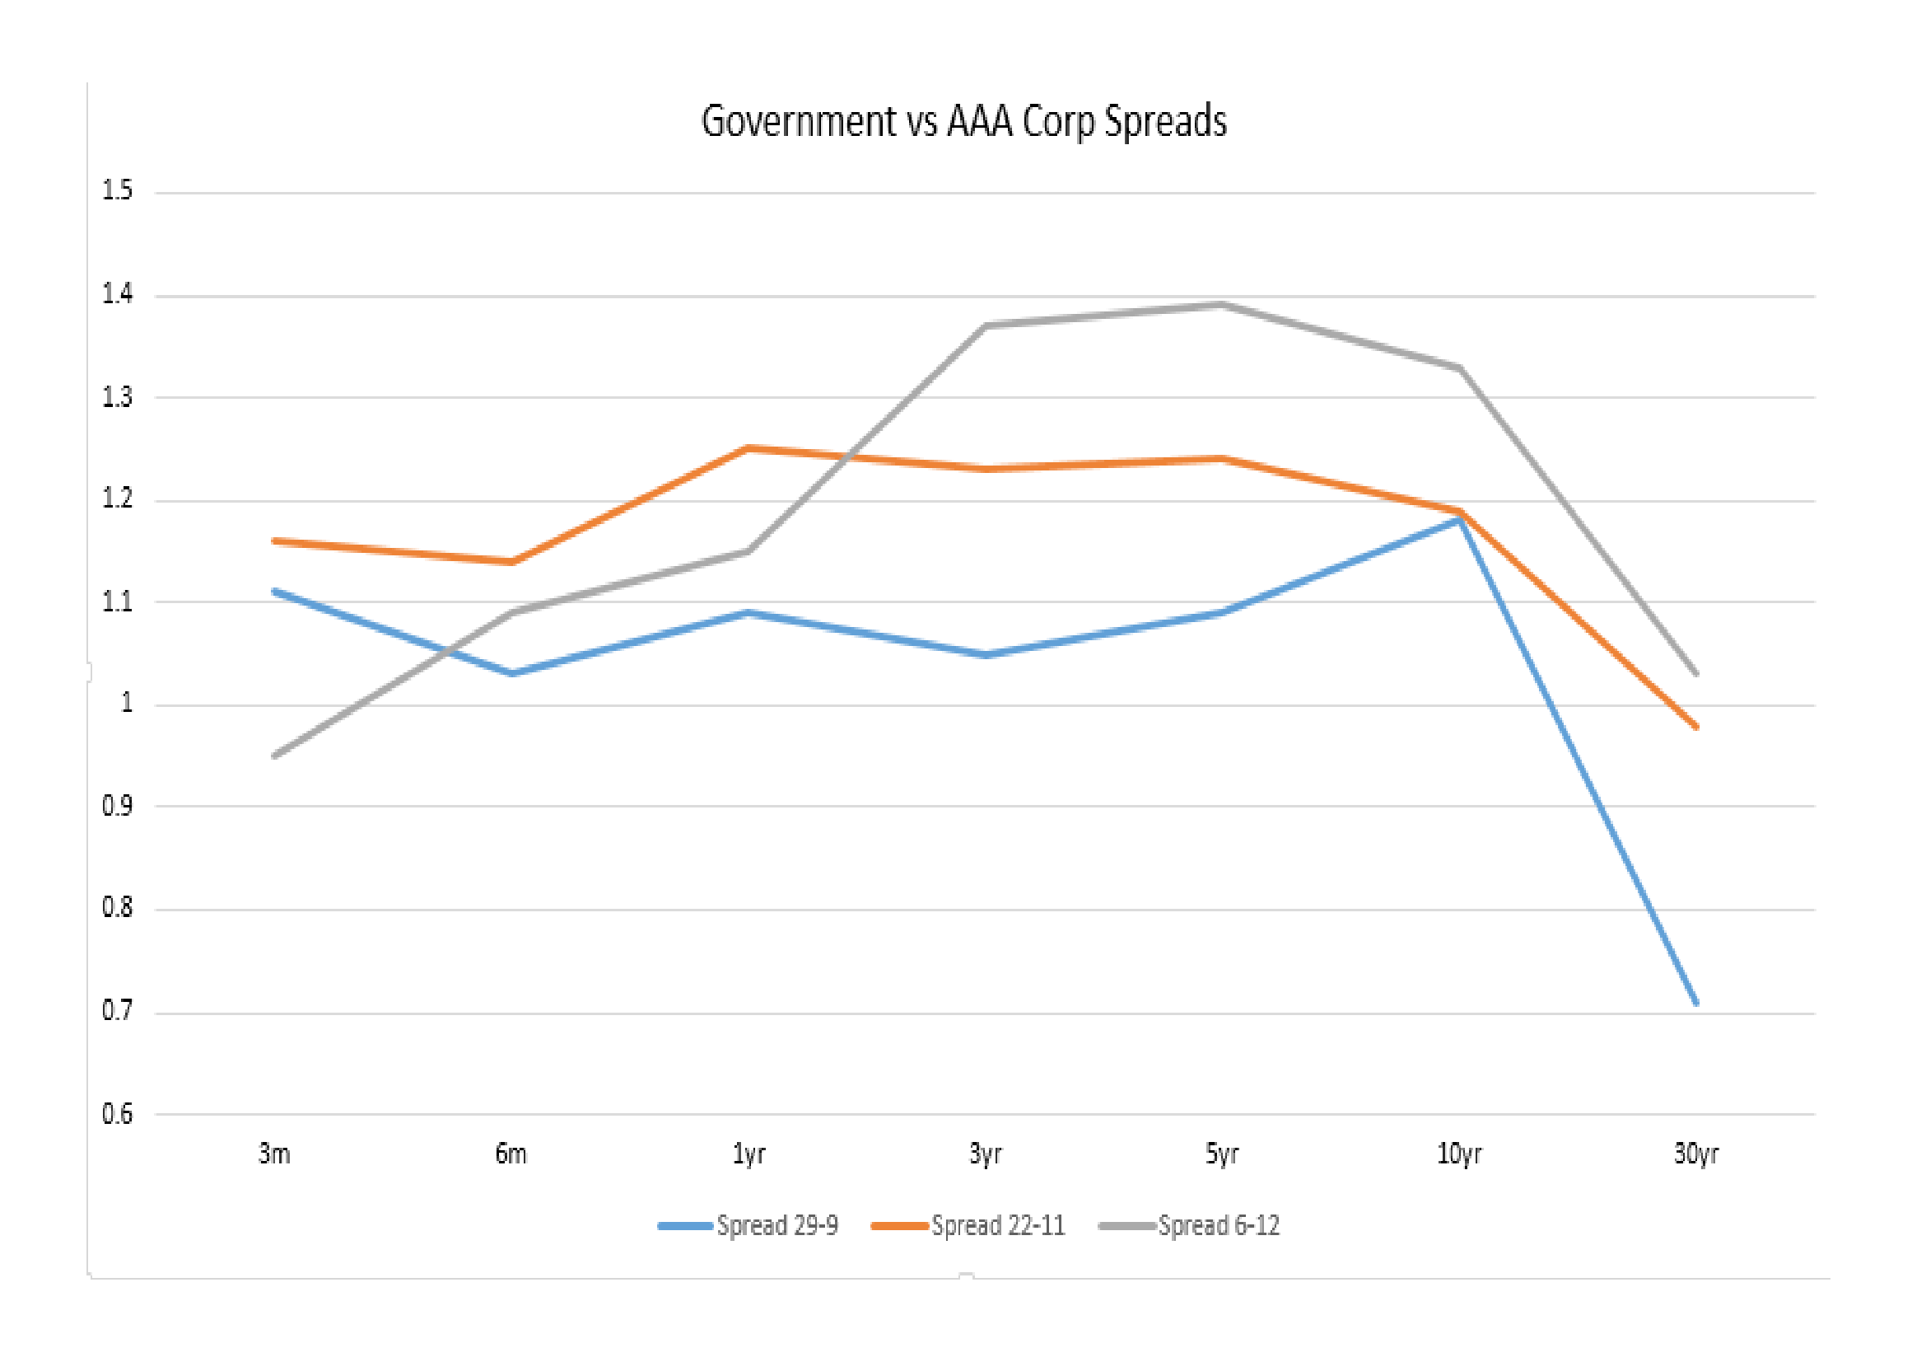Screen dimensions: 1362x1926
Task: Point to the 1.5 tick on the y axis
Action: pyautogui.click(x=118, y=190)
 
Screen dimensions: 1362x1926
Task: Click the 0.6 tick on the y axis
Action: pyautogui.click(x=118, y=1114)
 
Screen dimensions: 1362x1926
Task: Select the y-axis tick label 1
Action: pyautogui.click(x=127, y=702)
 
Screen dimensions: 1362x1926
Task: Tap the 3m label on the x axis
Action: pyautogui.click(x=274, y=1154)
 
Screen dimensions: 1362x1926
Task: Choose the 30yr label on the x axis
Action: pyautogui.click(x=1695, y=1154)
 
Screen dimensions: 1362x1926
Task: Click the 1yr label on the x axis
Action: pyautogui.click(x=748, y=1154)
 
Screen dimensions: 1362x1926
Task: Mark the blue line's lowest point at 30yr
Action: pyautogui.click(x=1696, y=1003)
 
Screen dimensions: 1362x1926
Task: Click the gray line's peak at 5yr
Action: pyautogui.click(x=1222, y=305)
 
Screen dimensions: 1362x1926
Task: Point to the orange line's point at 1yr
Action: pyautogui.click(x=748, y=448)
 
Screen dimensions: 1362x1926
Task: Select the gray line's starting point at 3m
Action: pyautogui.click(x=275, y=756)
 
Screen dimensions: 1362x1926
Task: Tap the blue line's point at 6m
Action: pyautogui.click(x=511, y=673)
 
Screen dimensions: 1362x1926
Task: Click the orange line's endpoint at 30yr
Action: pyautogui.click(x=1696, y=727)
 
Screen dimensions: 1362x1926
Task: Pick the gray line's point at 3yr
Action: pyautogui.click(x=986, y=325)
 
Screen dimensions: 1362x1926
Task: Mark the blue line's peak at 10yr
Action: pyautogui.click(x=1459, y=520)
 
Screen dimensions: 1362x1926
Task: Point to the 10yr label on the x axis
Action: pyautogui.click(x=1459, y=1154)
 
